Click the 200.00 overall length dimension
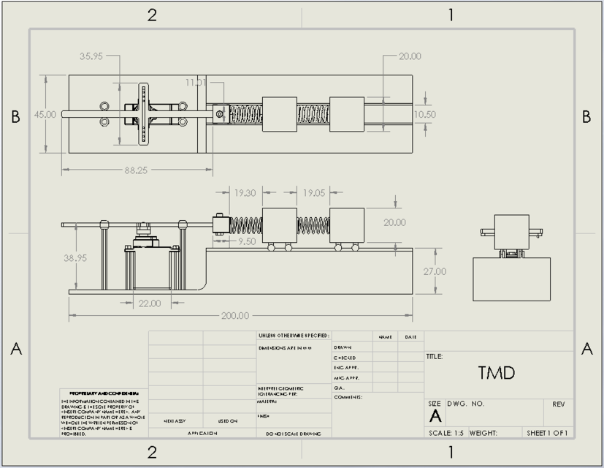click(235, 316)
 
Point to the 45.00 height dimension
click(45, 114)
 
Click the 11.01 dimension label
click(196, 83)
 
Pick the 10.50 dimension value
click(424, 114)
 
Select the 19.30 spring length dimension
click(245, 193)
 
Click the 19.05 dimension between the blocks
click(313, 193)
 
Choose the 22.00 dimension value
click(150, 303)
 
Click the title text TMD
click(497, 373)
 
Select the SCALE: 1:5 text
click(446, 433)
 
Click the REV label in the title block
click(558, 404)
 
